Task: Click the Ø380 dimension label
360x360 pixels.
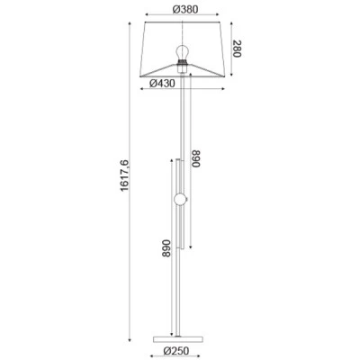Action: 185,9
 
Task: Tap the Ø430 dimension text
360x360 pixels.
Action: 162,83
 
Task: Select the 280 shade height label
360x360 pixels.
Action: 237,49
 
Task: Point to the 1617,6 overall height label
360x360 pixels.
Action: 124,175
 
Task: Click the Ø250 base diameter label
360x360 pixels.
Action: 176,350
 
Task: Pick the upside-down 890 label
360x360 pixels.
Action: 195,158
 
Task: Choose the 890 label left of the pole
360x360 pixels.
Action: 166,248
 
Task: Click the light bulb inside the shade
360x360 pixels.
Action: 182,53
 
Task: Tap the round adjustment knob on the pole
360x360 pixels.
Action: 181,200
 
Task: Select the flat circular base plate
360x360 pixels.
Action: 178,339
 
